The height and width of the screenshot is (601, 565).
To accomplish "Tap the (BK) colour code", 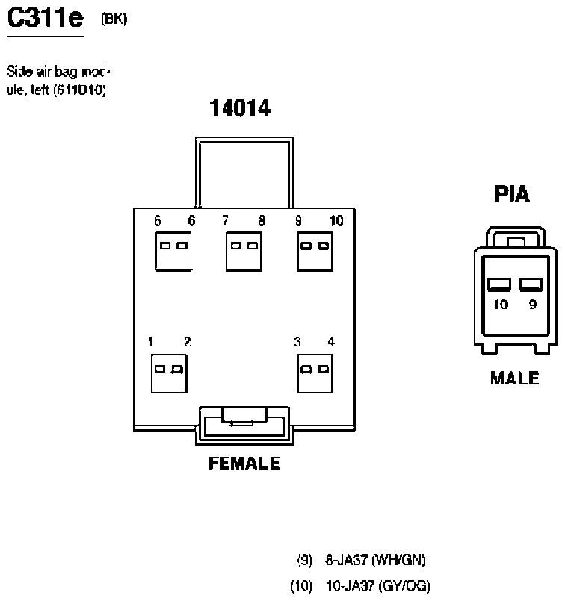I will pyautogui.click(x=114, y=19).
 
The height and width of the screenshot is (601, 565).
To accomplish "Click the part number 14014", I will pyautogui.click(x=240, y=109).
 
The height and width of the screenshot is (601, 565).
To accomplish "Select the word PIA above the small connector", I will pyautogui.click(x=512, y=195).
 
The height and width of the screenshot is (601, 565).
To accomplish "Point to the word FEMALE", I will pyautogui.click(x=244, y=464).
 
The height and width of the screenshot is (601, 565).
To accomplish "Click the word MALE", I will pyautogui.click(x=514, y=379).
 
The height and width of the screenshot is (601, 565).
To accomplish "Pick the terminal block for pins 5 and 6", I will pyautogui.click(x=173, y=251).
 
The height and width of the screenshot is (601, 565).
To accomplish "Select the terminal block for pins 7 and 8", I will pyautogui.click(x=243, y=251).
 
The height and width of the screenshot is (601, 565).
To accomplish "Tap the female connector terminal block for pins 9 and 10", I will pyautogui.click(x=315, y=251).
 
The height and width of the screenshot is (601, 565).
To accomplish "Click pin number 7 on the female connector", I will pyautogui.click(x=225, y=220).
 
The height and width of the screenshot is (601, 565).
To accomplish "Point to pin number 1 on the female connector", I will pyautogui.click(x=151, y=342).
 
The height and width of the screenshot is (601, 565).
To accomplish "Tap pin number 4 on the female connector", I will pyautogui.click(x=330, y=342).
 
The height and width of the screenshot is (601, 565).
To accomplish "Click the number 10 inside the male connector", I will pyautogui.click(x=500, y=304).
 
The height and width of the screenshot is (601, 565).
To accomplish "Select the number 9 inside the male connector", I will pyautogui.click(x=532, y=304).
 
